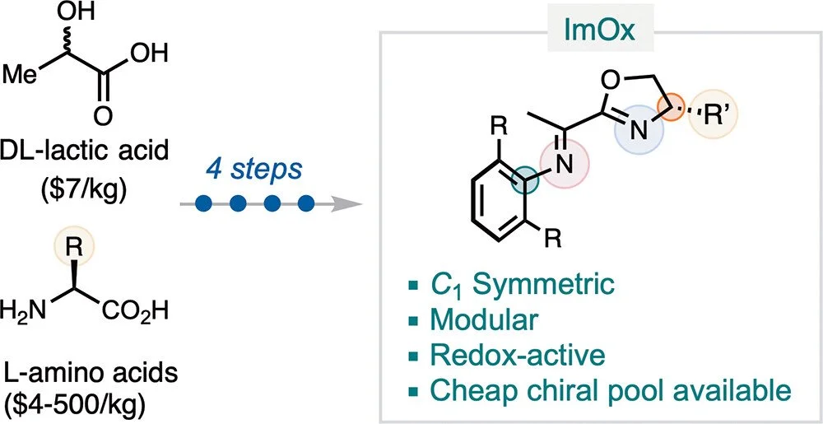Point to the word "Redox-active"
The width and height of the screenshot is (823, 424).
pyautogui.click(x=517, y=355)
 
